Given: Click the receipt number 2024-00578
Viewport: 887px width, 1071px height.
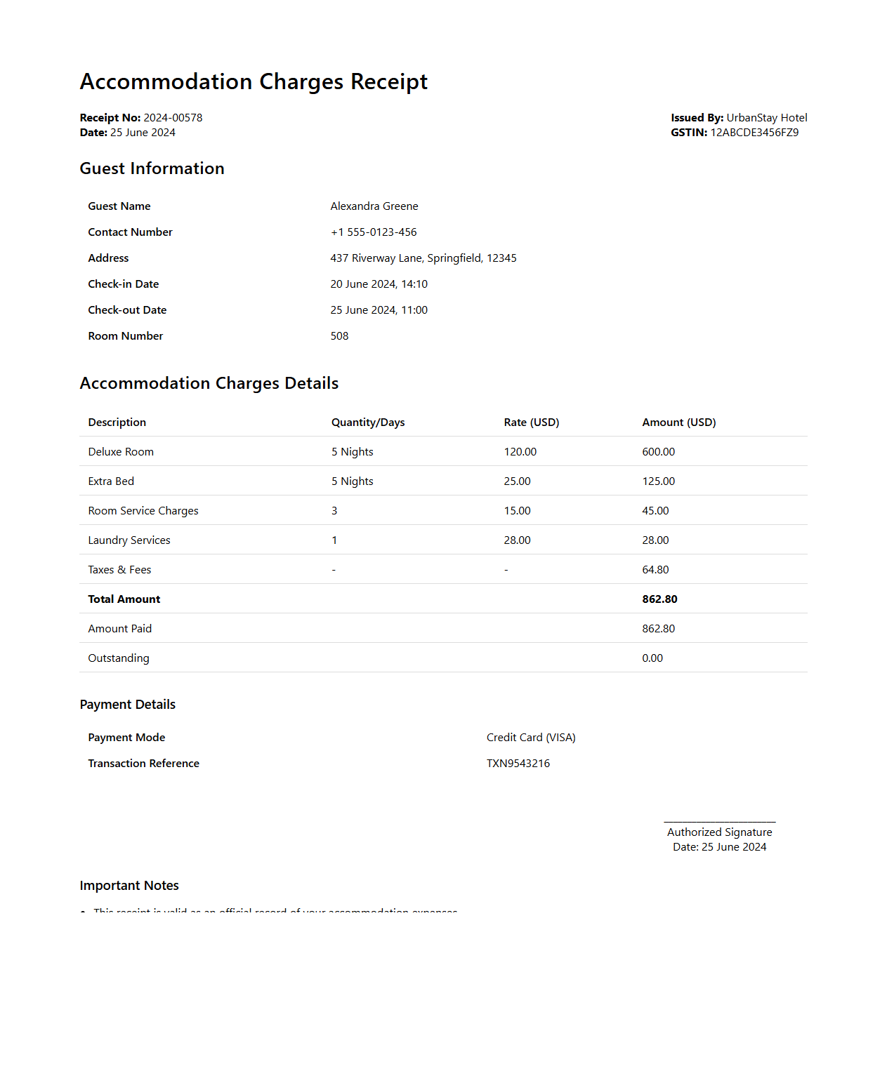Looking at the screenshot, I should (x=173, y=118).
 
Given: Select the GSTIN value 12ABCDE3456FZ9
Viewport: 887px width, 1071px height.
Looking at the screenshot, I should (x=754, y=133).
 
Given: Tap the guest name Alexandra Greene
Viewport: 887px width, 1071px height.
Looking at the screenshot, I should (x=374, y=206).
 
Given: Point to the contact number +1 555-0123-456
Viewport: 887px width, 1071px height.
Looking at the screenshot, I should (x=374, y=232).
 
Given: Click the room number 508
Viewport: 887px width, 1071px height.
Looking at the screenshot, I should (x=339, y=336).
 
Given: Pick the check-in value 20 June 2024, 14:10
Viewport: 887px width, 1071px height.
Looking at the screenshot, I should (x=379, y=284).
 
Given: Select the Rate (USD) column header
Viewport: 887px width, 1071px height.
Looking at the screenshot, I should (x=531, y=423).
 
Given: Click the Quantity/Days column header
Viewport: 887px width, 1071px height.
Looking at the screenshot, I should (x=368, y=423).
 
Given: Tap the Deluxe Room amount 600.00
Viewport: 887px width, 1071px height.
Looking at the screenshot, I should (x=658, y=452).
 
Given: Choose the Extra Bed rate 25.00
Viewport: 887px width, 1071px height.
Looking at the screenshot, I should (x=517, y=481).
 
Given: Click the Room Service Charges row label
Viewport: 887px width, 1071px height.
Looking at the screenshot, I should (x=143, y=511).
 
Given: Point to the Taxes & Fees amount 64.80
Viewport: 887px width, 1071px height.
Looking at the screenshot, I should (x=655, y=570).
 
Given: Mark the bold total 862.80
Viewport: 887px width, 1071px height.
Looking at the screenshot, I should (x=659, y=599).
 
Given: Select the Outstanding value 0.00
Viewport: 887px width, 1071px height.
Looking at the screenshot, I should (x=652, y=658).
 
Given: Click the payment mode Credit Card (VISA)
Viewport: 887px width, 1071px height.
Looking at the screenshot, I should (x=531, y=738).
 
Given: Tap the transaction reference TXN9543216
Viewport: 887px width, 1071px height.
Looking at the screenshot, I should (x=518, y=764).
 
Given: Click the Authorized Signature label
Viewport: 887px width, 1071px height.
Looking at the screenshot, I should (x=719, y=832).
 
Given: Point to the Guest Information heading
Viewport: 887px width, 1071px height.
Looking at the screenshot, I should (x=152, y=168).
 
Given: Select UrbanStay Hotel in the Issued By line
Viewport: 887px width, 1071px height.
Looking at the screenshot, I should (x=766, y=118).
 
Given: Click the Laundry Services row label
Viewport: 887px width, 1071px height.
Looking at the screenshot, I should (x=129, y=540).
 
